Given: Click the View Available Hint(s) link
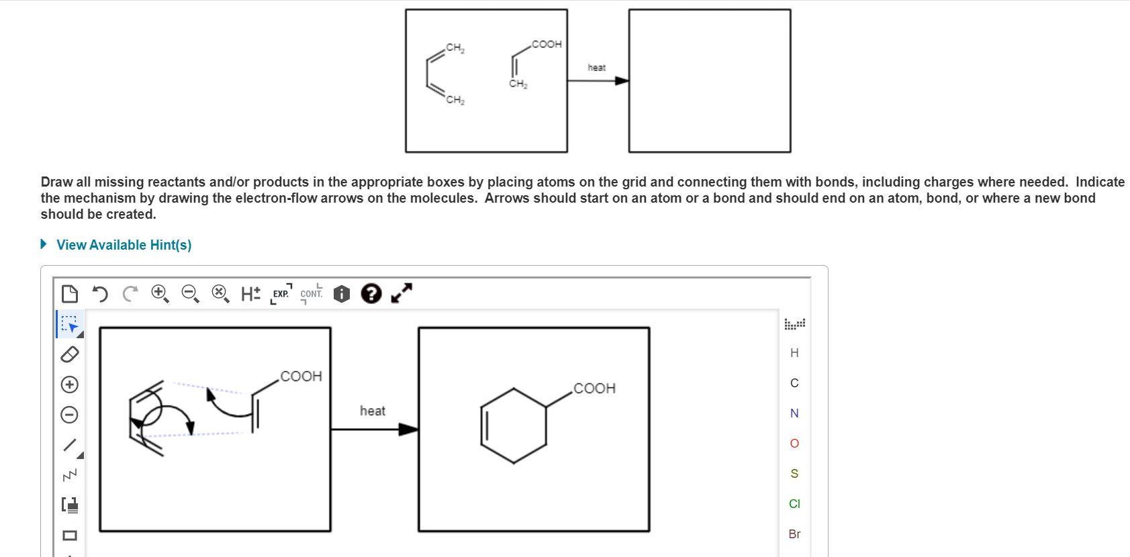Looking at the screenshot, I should [124, 245].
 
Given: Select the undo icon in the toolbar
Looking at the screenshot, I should [99, 294].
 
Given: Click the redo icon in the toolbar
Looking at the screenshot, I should [130, 294].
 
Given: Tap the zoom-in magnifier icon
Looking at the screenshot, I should [160, 293].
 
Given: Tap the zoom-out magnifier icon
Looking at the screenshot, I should [190, 293].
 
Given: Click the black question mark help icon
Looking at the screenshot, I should [371, 293].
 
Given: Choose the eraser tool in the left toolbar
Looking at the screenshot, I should [70, 354].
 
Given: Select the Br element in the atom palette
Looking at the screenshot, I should [794, 534].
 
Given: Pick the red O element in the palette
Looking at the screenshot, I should [794, 444].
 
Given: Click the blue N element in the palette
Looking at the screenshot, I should [794, 413].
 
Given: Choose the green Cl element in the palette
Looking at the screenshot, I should [794, 504].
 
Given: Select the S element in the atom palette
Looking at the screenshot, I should [794, 474].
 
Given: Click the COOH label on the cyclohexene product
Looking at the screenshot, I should [595, 389].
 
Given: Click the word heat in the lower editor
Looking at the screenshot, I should [373, 411].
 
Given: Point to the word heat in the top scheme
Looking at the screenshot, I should [596, 68].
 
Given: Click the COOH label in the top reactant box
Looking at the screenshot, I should [546, 44].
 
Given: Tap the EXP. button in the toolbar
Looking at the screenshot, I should [281, 294].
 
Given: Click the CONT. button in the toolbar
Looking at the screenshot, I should [311, 294].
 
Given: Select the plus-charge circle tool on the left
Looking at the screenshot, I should [70, 385].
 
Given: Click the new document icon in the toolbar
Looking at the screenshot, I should [69, 294].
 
